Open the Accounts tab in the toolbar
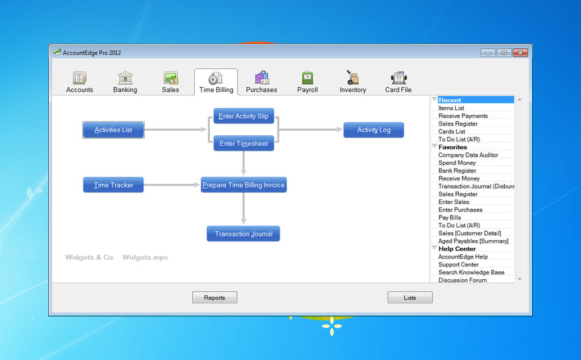coord(79,82)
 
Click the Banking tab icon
coord(125,77)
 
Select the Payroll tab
coord(307,82)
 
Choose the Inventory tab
coord(353,82)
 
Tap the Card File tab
coord(398,82)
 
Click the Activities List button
coord(113,130)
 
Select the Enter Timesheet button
coord(244,143)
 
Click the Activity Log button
coord(373,130)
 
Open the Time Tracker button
coord(113,185)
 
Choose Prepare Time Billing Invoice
coord(244,185)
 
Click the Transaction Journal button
coord(244,234)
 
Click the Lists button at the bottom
coord(410,298)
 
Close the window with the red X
coord(520,53)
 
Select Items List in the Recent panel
coord(451,108)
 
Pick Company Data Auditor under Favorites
coord(468,155)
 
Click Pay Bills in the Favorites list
coord(449,217)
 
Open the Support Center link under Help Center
coord(459,264)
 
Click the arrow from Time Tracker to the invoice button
coord(171,185)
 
